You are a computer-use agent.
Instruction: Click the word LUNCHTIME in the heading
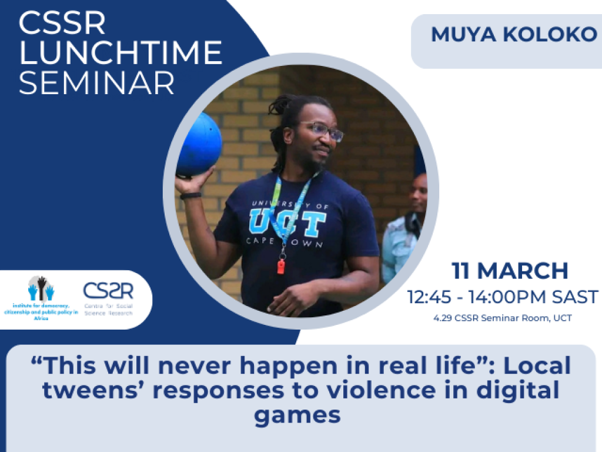click(121, 53)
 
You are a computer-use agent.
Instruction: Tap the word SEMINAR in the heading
click(96, 83)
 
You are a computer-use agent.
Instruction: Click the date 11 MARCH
click(510, 271)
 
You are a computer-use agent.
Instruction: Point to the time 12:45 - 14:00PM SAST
click(503, 297)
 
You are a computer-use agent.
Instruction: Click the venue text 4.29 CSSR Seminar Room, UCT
click(503, 318)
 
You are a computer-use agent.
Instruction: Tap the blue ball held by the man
click(199, 144)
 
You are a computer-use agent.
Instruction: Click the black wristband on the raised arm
click(190, 195)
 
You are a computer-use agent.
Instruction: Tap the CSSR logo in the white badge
click(108, 291)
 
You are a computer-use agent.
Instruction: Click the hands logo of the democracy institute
click(41, 289)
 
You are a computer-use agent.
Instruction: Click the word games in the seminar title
click(297, 415)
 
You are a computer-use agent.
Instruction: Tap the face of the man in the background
click(418, 193)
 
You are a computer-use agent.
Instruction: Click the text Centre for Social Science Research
click(108, 310)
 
